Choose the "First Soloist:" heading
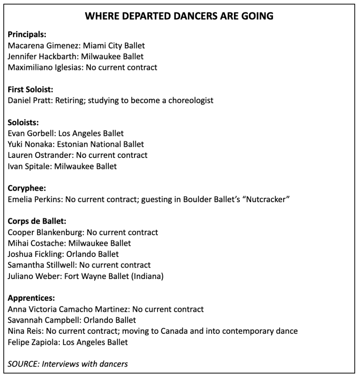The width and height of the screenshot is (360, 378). (x=31, y=89)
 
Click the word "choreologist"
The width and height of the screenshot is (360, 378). (x=191, y=100)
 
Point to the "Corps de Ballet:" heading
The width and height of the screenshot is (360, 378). (x=37, y=222)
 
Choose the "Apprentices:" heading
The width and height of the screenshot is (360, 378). (x=32, y=298)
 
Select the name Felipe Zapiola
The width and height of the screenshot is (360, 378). (x=33, y=342)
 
